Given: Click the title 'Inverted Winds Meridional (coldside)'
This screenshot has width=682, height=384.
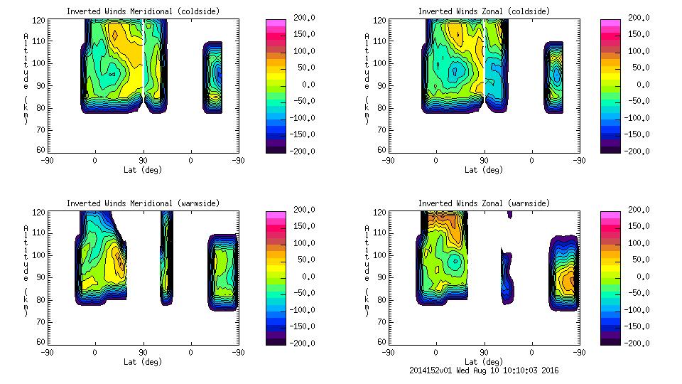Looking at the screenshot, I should click(x=143, y=11).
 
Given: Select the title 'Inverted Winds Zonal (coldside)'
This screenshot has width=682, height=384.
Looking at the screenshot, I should click(x=483, y=11).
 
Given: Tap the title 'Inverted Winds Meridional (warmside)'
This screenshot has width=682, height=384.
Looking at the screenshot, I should click(x=143, y=203).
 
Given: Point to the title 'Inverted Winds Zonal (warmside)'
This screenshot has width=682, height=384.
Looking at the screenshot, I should click(x=483, y=203).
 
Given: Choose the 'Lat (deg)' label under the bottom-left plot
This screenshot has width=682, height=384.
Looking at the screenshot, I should click(x=143, y=362).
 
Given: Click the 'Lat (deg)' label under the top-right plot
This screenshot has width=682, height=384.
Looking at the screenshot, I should click(x=483, y=170).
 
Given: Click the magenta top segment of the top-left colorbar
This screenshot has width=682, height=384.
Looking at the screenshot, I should click(x=275, y=23).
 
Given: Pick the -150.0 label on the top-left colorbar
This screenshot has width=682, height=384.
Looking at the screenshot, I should click(x=301, y=134).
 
